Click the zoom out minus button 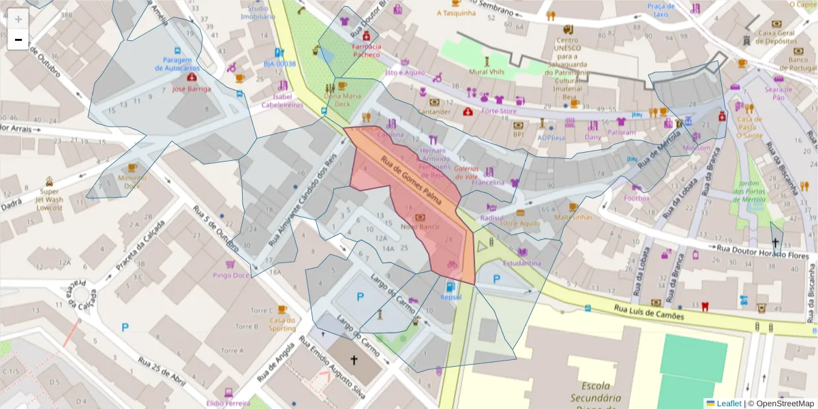18,40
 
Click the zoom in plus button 18,19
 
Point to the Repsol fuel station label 451,297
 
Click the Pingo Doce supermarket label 231,275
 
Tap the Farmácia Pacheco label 366,50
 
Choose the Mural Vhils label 487,70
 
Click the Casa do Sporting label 282,324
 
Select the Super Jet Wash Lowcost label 49,199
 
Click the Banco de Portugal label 798,64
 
